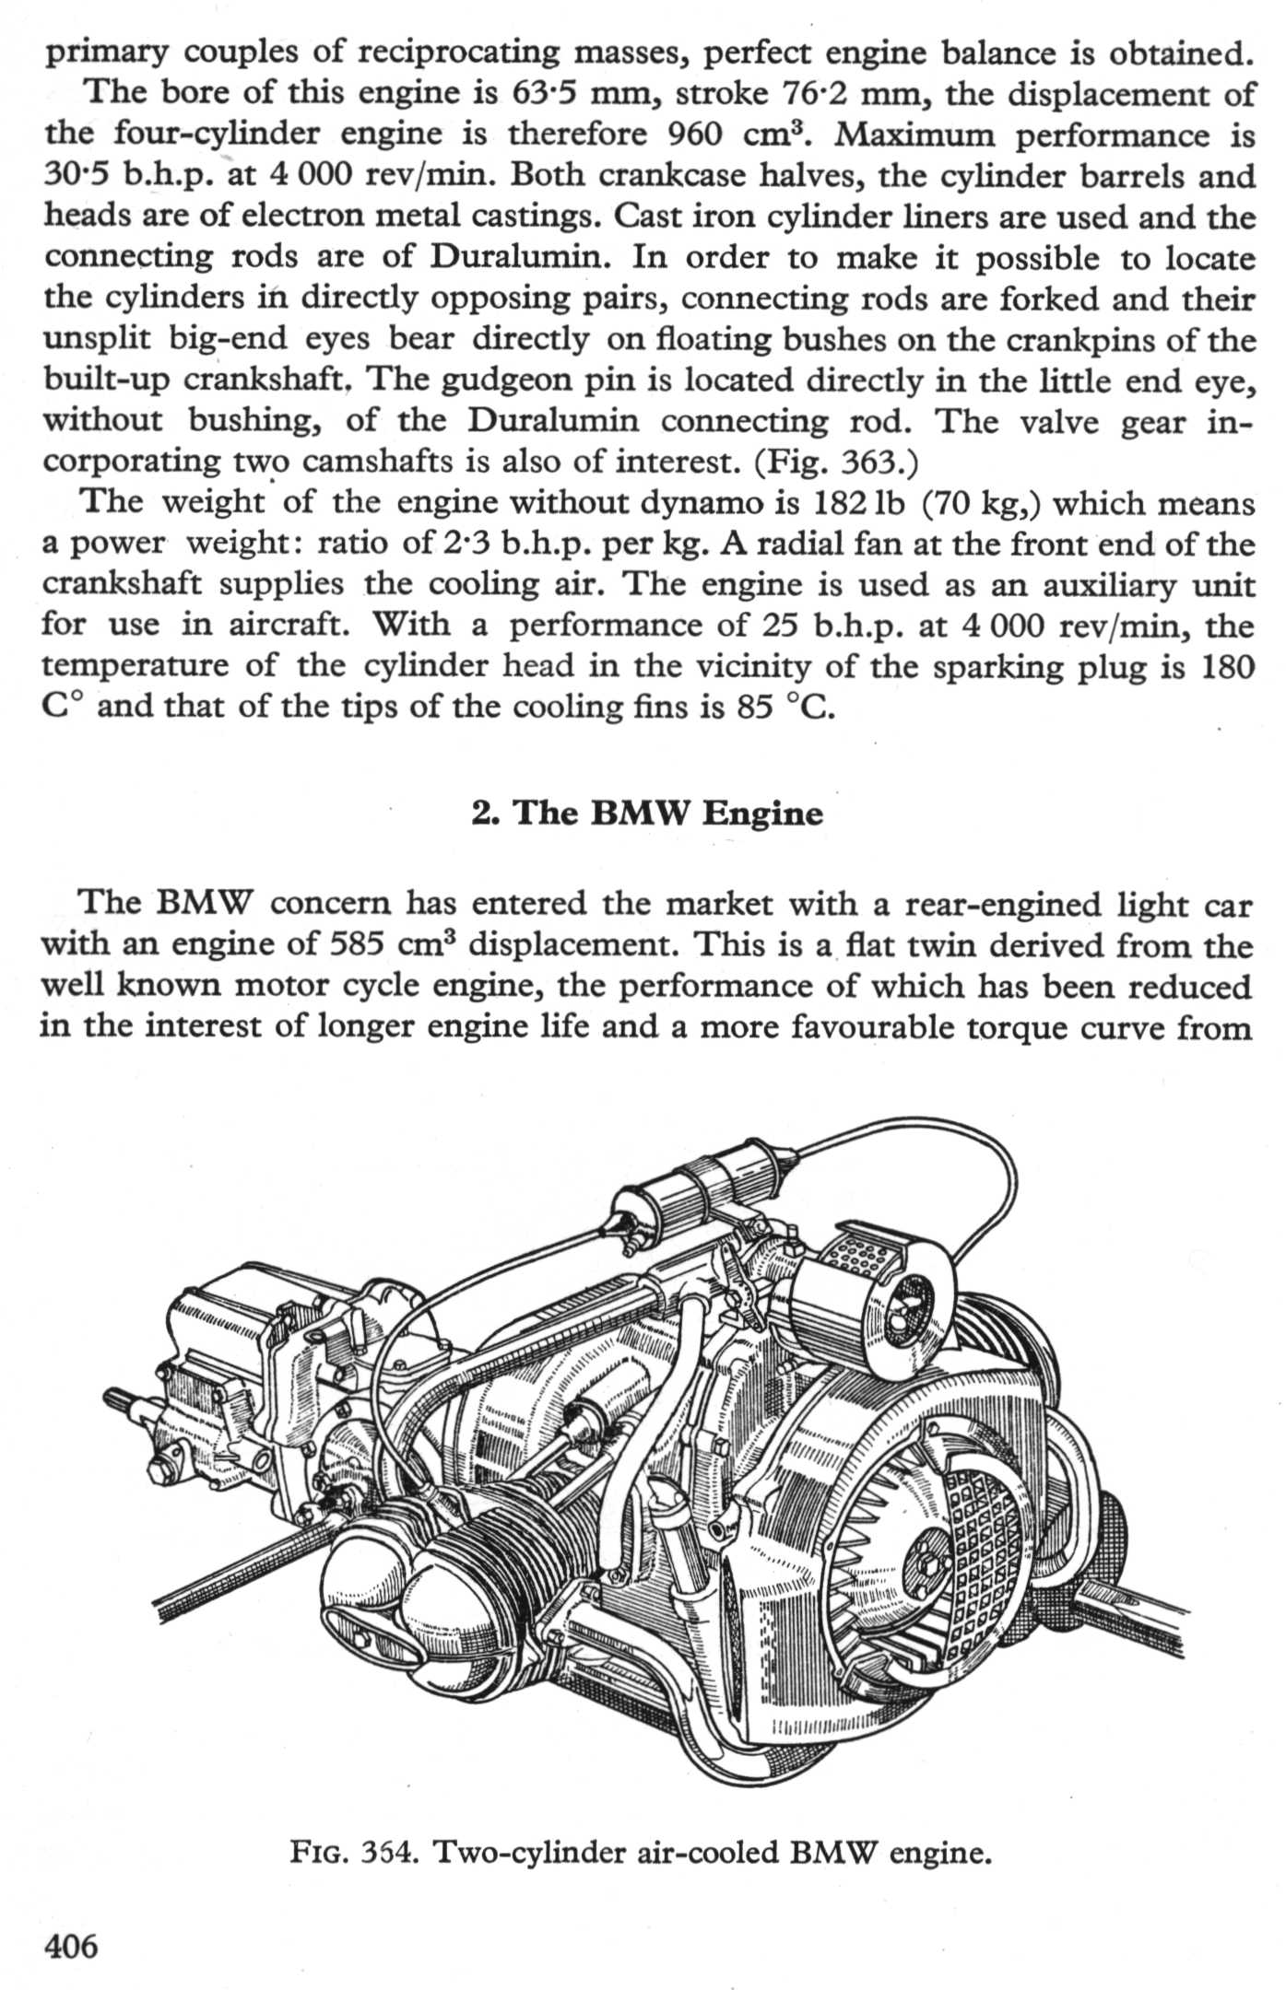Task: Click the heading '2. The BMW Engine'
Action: tap(646, 814)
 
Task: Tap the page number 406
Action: tap(70, 1946)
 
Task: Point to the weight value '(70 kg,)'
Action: tap(985, 503)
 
